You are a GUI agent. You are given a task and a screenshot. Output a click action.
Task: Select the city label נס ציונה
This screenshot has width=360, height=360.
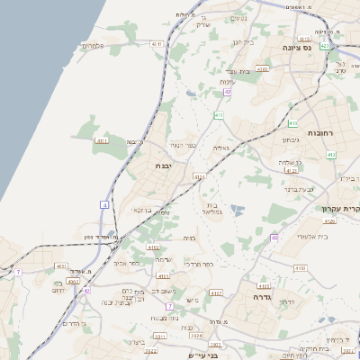click(x=296, y=47)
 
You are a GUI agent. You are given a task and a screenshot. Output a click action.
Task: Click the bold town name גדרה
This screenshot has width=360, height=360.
click(x=262, y=296)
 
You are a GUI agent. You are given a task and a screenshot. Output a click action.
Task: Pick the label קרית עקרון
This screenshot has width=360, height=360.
click(x=341, y=208)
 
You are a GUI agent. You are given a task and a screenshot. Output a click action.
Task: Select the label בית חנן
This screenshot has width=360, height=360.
click(x=244, y=41)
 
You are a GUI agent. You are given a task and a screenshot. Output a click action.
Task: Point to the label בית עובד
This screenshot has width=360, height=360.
click(x=238, y=70)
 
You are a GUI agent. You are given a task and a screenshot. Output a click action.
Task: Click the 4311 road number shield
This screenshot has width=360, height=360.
click(x=157, y=42)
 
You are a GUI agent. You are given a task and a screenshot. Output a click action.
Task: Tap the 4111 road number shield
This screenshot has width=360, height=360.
click(x=102, y=140)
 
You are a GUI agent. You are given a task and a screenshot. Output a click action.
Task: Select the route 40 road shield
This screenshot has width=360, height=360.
click(x=274, y=238)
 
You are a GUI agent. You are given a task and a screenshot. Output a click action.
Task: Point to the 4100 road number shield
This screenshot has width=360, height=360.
click(x=300, y=267)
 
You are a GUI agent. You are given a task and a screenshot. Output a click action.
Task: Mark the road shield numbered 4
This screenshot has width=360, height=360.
click(x=104, y=205)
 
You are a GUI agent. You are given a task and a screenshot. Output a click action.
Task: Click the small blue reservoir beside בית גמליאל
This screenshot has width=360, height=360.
click(x=237, y=210)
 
